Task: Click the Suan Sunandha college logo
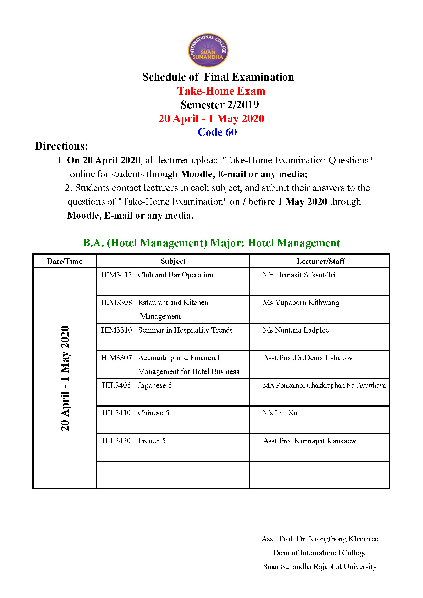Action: tap(208, 50)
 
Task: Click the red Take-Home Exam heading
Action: tap(221, 91)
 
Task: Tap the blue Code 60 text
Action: tap(217, 132)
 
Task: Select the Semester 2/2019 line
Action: tap(220, 105)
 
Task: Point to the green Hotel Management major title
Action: tap(211, 243)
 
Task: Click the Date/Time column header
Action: tap(65, 261)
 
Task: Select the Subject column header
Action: tap(173, 261)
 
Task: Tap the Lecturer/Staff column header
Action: tap(321, 261)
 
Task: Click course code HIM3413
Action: tap(116, 275)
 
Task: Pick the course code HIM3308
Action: tap(116, 303)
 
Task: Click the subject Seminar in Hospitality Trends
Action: tap(185, 330)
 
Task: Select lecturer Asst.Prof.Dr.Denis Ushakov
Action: tap(308, 358)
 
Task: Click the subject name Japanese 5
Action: tap(155, 386)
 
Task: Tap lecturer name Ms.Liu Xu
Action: tap(280, 413)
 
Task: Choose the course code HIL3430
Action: tap(116, 441)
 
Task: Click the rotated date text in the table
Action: tap(65, 378)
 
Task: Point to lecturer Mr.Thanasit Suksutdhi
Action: tap(299, 275)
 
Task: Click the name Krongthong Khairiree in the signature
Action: tap(343, 539)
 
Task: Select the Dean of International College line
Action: tap(320, 553)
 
